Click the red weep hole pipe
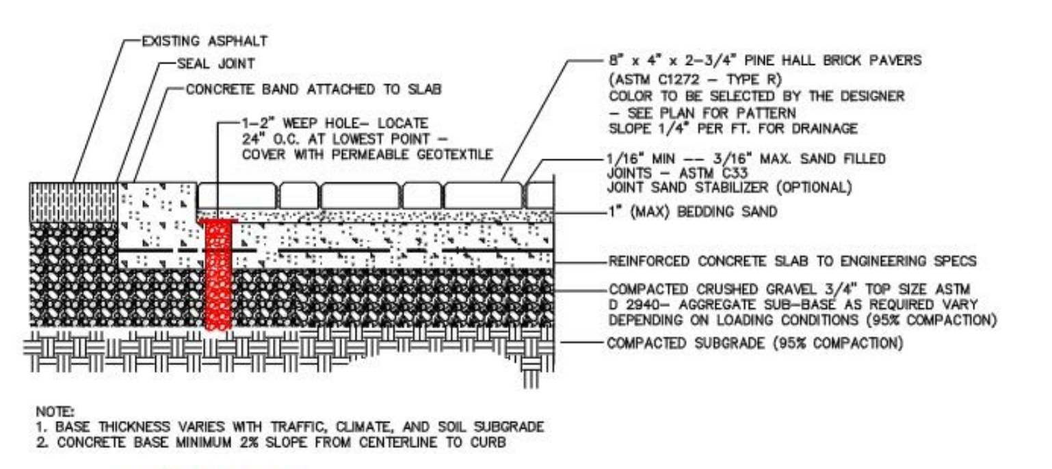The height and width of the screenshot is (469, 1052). coord(218,275)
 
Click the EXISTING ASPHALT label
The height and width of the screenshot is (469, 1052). coord(205,41)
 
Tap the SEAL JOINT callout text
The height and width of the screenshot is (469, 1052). coord(216,64)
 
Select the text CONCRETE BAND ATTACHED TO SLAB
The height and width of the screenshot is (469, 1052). coord(314,89)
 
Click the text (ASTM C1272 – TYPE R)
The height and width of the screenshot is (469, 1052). coord(696,79)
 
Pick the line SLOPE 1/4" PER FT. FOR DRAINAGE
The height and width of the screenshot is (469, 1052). coord(733,129)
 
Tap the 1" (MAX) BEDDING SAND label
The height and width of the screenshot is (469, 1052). coord(693,212)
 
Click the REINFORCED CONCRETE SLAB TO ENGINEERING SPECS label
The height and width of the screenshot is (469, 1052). coord(792,261)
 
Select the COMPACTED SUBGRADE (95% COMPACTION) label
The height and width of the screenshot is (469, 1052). coord(755,343)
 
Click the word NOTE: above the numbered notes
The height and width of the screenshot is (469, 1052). coord(55,412)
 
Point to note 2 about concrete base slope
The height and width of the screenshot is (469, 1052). coord(272,442)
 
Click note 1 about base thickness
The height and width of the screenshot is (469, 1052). coord(290,427)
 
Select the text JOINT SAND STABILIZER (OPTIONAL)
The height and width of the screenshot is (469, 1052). coord(730,187)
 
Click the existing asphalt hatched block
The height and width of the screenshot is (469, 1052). coord(73,202)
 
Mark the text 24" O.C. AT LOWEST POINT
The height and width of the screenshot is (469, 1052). coord(336,139)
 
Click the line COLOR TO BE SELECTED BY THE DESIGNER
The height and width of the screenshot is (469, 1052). coord(757,96)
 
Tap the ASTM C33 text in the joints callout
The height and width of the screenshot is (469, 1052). coord(713,173)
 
